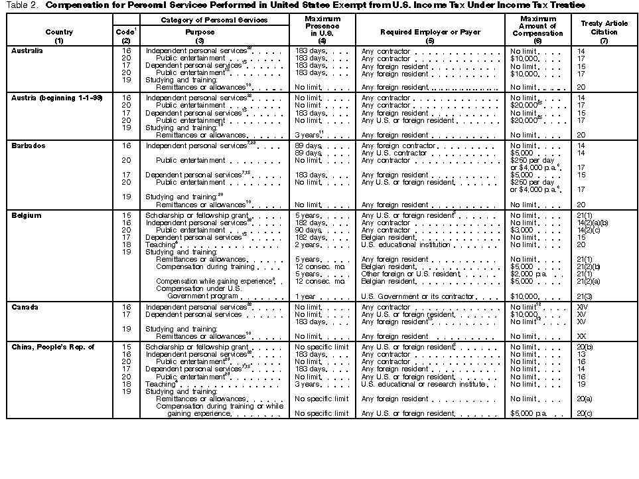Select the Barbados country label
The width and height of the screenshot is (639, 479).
click(x=29, y=145)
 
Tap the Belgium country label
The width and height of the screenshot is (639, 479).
click(x=27, y=215)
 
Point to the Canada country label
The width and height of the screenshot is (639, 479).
click(x=27, y=307)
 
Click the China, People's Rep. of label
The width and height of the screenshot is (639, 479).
click(x=53, y=347)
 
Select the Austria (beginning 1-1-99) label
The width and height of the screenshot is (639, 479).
click(x=56, y=98)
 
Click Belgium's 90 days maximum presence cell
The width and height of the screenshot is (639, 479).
click(x=307, y=230)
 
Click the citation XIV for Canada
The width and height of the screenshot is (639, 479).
click(x=583, y=308)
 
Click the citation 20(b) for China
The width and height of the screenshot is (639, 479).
click(x=585, y=347)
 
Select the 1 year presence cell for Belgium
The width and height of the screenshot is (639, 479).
click(x=305, y=296)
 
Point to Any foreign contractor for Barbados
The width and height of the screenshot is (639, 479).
click(x=398, y=145)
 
